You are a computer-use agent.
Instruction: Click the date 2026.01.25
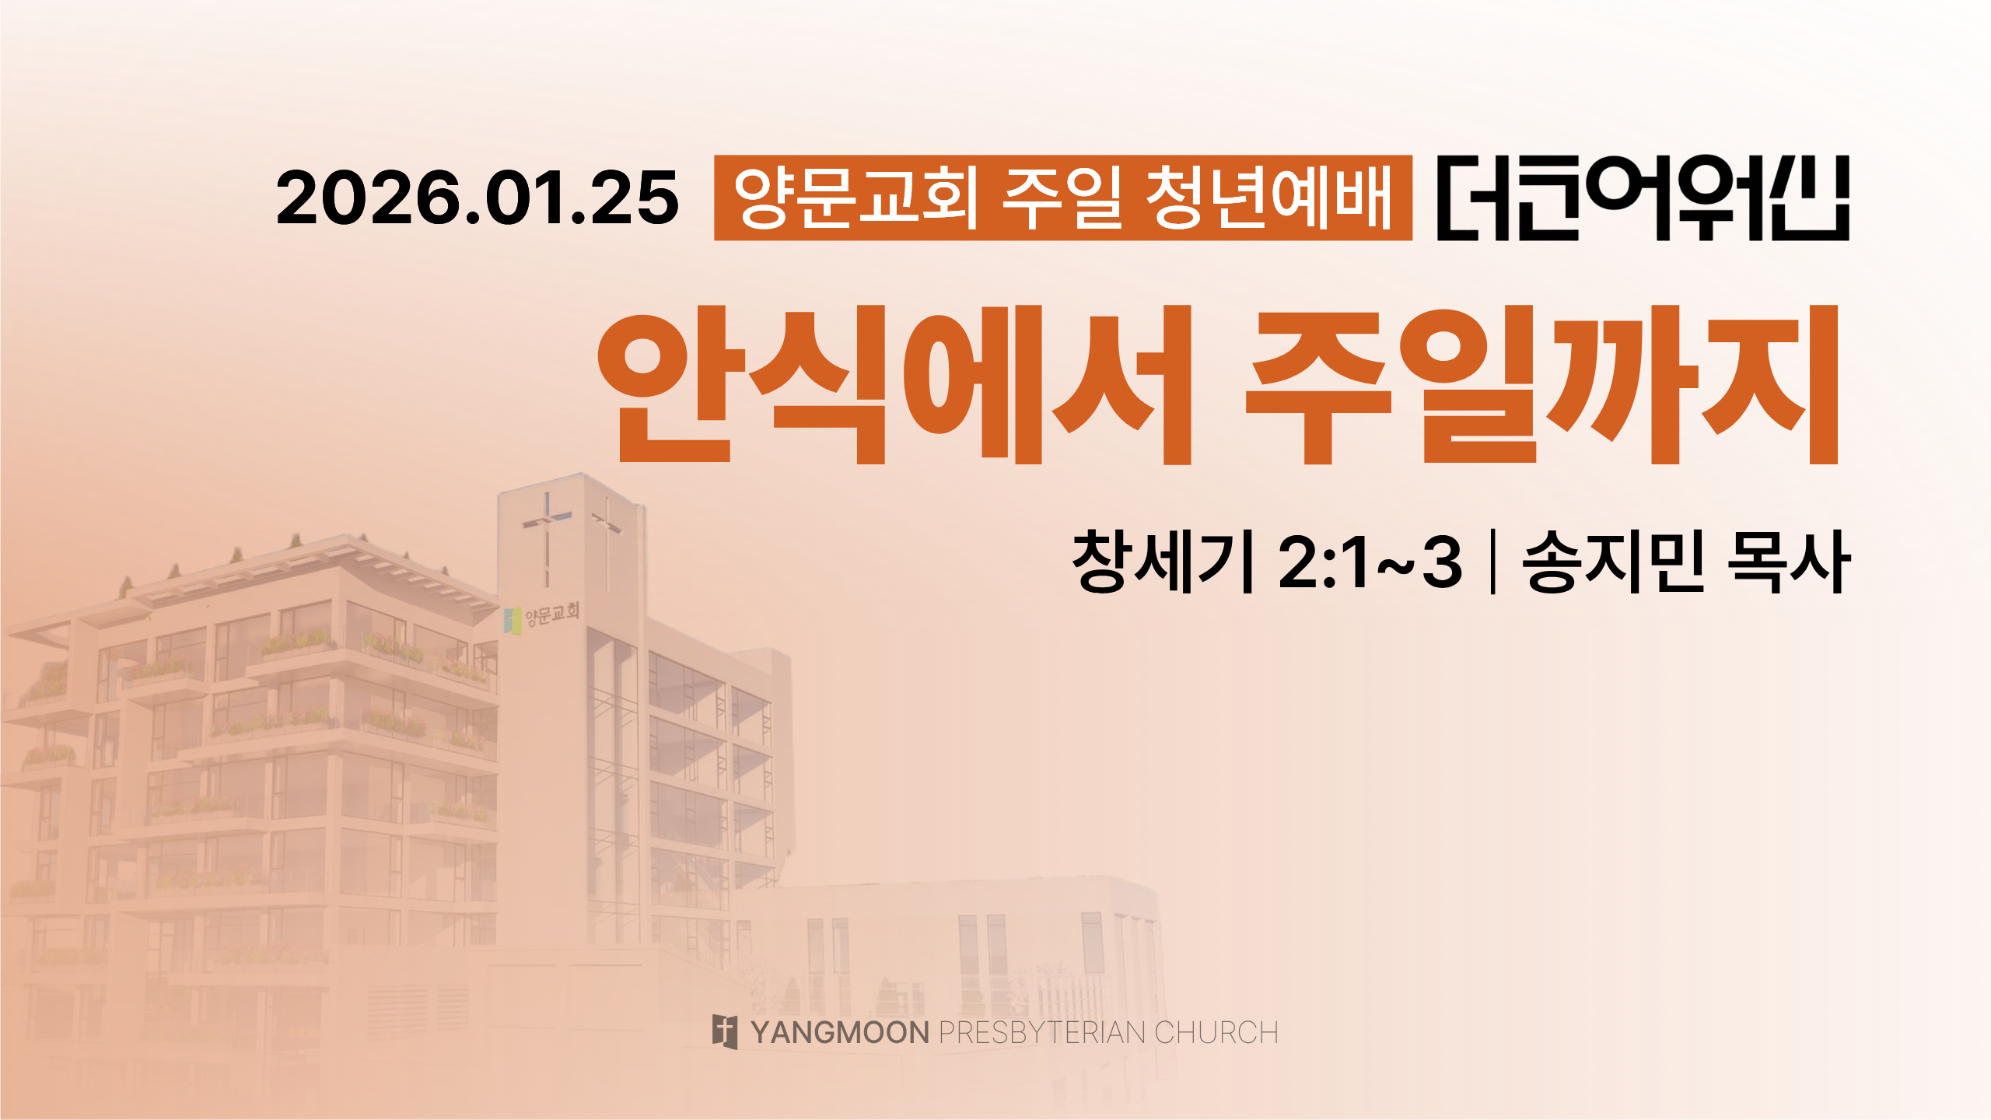coord(478,198)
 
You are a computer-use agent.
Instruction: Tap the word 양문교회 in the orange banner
coord(856,198)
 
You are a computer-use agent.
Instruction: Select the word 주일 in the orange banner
coord(1062,198)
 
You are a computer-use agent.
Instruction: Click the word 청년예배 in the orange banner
coord(1269,198)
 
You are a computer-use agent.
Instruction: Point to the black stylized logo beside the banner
coord(1643,198)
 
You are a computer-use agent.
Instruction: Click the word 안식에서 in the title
coord(894,385)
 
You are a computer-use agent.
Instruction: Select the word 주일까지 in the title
coord(1542,385)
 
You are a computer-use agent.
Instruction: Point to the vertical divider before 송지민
coord(1492,562)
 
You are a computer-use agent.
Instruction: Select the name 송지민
coord(1614,562)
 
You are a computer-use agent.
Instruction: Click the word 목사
coord(1789,562)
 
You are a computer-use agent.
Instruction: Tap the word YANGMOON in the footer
coord(840,1033)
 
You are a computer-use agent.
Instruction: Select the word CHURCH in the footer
coord(1216,1033)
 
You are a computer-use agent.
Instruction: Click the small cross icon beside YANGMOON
coord(725,1032)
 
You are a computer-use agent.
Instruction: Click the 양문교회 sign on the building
coord(552,614)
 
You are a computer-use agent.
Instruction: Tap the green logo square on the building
coord(512,621)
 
